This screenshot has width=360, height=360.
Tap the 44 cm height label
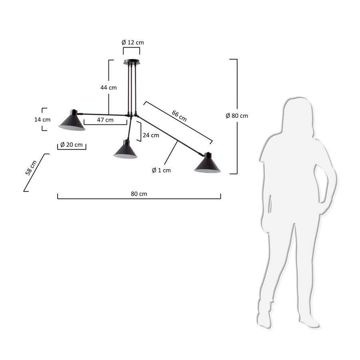click(x=108, y=88)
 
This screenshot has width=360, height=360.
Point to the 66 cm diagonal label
click(x=179, y=116)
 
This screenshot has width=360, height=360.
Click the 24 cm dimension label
click(x=151, y=135)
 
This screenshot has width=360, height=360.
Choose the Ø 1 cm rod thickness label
click(x=161, y=170)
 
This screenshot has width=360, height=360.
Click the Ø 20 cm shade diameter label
click(x=72, y=145)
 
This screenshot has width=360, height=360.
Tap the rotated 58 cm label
click(x=31, y=168)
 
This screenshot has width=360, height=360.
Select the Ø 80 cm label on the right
click(x=237, y=116)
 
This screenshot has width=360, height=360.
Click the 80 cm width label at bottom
click(x=139, y=194)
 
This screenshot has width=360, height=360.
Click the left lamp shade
click(x=72, y=121)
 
